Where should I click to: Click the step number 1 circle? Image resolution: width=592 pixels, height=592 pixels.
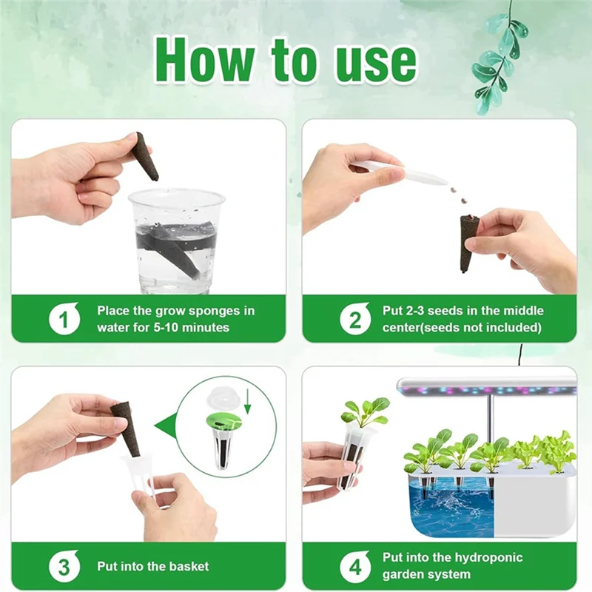click(x=64, y=319)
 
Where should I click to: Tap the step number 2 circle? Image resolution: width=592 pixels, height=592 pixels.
click(x=355, y=319)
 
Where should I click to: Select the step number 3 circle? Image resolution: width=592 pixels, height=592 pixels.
click(x=64, y=567)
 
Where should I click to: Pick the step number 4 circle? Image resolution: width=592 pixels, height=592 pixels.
click(x=355, y=567)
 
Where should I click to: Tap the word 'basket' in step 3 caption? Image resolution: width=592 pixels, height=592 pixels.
click(x=188, y=567)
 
